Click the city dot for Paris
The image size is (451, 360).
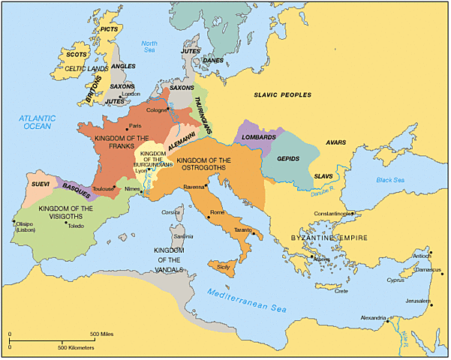pos(127,126)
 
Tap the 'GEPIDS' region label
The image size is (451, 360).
pos(289,159)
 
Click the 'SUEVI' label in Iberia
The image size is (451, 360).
pos(39,182)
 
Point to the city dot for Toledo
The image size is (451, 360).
pos(66,223)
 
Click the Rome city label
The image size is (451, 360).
pos(217,213)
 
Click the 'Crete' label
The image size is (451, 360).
pos(341,292)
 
